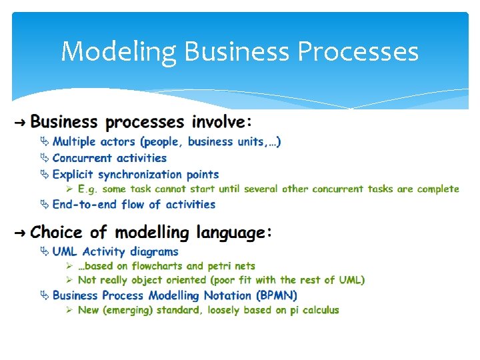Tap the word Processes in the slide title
pyautogui.click(x=358, y=51)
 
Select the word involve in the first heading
pyautogui.click(x=218, y=122)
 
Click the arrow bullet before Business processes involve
pyautogui.click(x=19, y=123)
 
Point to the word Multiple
pyautogui.click(x=74, y=141)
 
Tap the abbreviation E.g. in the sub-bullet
pyautogui.click(x=88, y=189)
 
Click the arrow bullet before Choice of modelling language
pyautogui.click(x=19, y=233)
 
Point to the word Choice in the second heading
pyautogui.click(x=58, y=233)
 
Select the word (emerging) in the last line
pyautogui.click(x=129, y=310)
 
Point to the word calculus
pyautogui.click(x=321, y=310)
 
